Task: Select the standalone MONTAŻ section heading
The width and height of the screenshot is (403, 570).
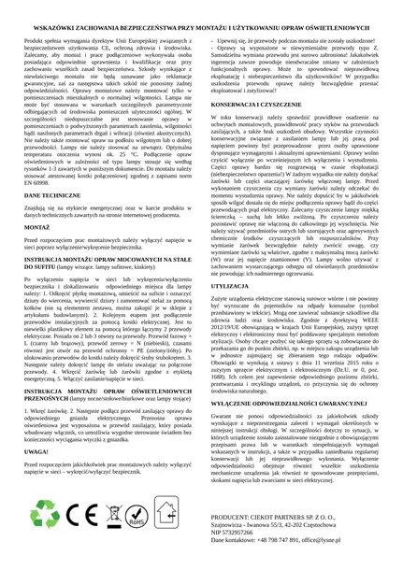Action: [x=28, y=225]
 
